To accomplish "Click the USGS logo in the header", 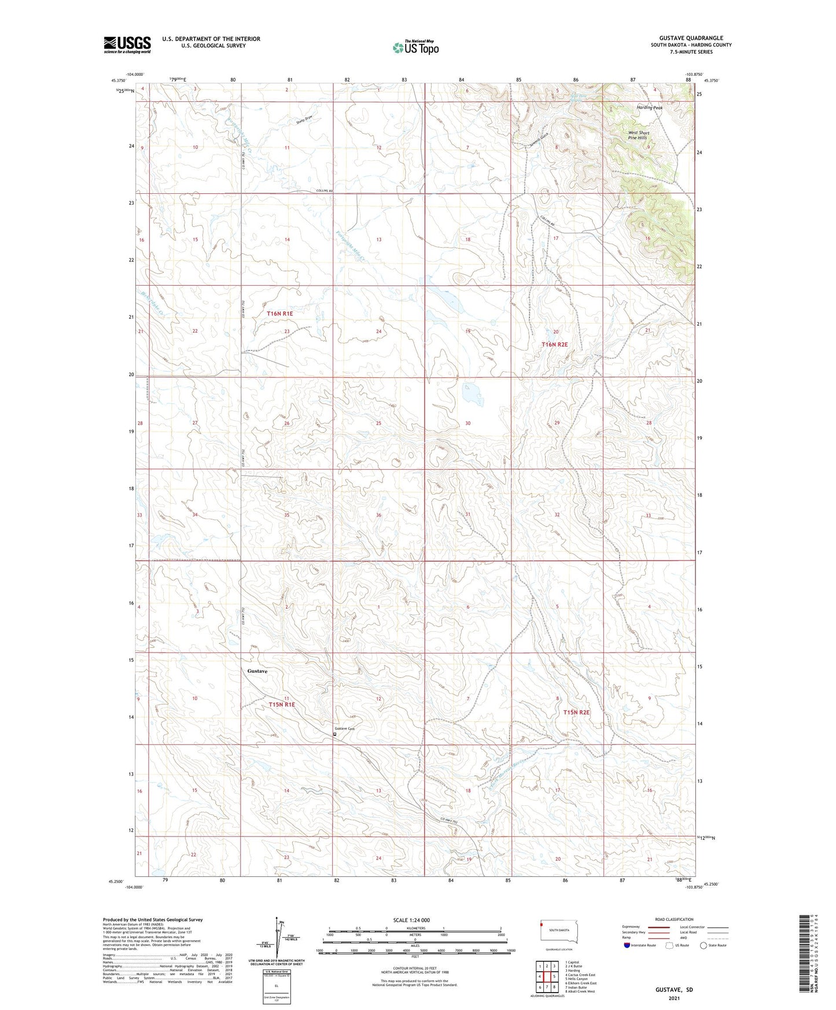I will pyautogui.click(x=127, y=45).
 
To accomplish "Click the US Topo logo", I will pyautogui.click(x=415, y=47).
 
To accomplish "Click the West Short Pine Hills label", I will pyautogui.click(x=639, y=135).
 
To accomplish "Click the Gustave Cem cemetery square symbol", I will pyautogui.click(x=334, y=734).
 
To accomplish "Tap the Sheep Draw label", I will pyautogui.click(x=304, y=119).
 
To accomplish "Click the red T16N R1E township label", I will pyautogui.click(x=280, y=314).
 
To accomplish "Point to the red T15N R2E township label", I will pyautogui.click(x=576, y=713).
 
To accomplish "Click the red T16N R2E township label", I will pyautogui.click(x=554, y=345).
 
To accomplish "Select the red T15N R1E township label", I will pyautogui.click(x=282, y=705).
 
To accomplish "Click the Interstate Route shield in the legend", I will pyautogui.click(x=627, y=945).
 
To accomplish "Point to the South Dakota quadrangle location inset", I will pyautogui.click(x=555, y=932).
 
